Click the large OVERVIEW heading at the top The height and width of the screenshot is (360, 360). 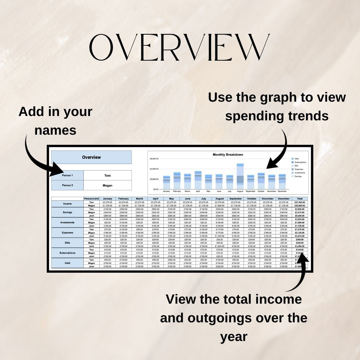(x=180, y=47)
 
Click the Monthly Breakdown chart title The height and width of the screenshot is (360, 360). (x=228, y=155)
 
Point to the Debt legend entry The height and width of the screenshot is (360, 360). (x=296, y=159)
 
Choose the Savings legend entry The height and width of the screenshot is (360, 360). (x=297, y=176)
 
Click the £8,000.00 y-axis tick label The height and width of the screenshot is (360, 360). (x=154, y=159)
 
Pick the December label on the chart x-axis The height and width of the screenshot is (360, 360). (x=282, y=191)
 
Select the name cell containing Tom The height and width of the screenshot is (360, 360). (x=107, y=175)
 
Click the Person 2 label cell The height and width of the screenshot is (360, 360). (x=67, y=185)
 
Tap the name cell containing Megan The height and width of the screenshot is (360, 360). (x=107, y=185)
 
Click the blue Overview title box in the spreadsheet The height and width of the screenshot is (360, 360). (x=91, y=157)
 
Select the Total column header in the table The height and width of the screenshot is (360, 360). (x=299, y=199)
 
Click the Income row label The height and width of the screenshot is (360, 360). (x=67, y=204)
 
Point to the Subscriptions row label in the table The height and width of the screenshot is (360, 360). (x=67, y=253)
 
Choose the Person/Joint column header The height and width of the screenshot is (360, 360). (x=91, y=199)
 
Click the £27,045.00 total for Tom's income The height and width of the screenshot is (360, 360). (x=299, y=202)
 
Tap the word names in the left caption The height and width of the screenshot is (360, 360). (x=55, y=130)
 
